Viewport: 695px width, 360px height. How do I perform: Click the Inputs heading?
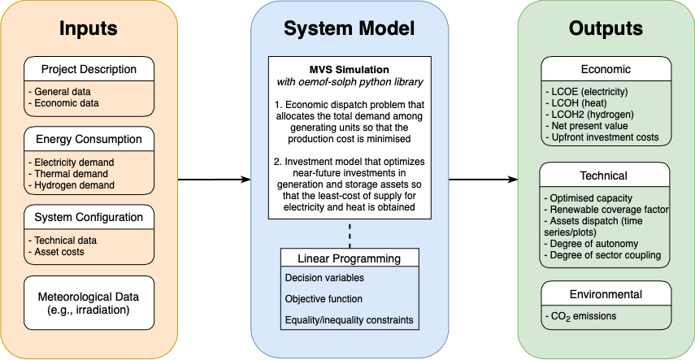click(x=89, y=28)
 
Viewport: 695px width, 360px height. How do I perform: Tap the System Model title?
click(x=350, y=28)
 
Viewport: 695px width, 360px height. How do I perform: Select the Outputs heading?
click(x=606, y=28)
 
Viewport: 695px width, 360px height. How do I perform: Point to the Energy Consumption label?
click(x=89, y=138)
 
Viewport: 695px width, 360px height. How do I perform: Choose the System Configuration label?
click(x=89, y=217)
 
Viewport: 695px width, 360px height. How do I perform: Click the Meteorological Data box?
click(x=89, y=302)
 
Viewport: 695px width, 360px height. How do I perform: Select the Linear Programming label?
click(x=350, y=259)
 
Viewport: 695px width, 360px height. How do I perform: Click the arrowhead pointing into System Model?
click(x=245, y=180)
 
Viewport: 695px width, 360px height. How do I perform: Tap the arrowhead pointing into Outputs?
click(x=513, y=180)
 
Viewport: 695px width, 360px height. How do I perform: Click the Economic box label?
click(x=605, y=68)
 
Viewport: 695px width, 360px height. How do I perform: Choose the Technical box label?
click(x=605, y=175)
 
